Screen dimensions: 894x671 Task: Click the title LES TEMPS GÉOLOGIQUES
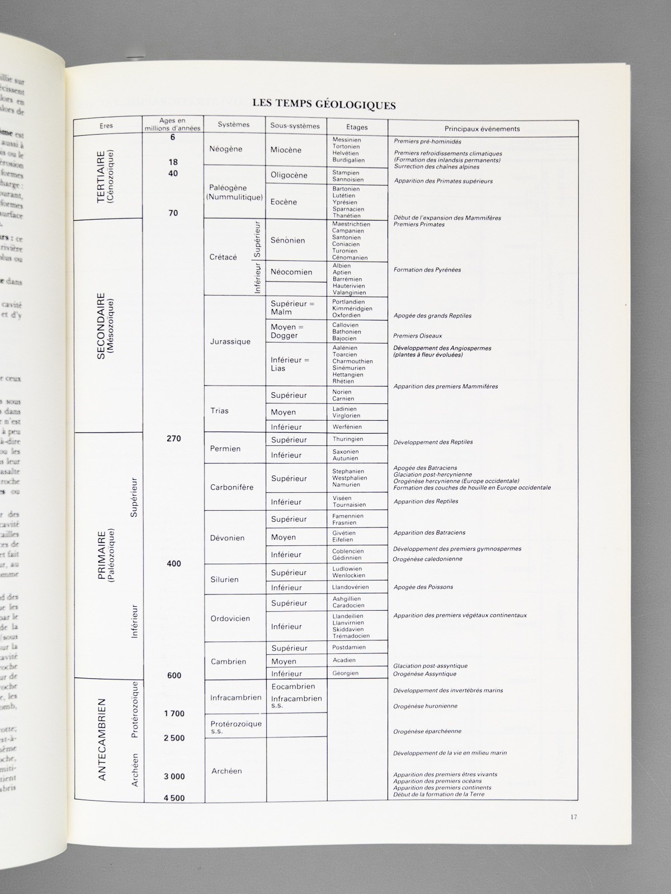click(x=324, y=104)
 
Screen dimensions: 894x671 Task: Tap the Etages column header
click(x=357, y=127)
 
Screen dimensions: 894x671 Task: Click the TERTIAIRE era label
click(x=105, y=177)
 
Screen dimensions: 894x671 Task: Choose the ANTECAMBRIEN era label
click(x=102, y=739)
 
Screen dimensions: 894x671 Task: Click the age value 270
click(x=174, y=439)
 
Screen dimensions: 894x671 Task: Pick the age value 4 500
click(x=174, y=798)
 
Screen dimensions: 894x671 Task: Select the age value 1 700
click(x=174, y=714)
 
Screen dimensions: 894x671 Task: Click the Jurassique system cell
click(x=230, y=341)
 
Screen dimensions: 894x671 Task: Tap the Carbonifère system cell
click(x=231, y=487)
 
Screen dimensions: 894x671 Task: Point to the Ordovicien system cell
click(x=230, y=619)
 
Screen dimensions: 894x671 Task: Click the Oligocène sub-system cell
click(x=289, y=175)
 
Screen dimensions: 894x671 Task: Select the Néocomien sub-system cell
click(x=291, y=272)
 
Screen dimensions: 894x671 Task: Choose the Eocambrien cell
click(x=293, y=686)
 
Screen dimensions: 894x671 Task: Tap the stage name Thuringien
click(x=348, y=439)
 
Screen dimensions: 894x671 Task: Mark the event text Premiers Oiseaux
click(x=418, y=336)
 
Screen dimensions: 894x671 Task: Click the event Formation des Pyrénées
click(x=427, y=270)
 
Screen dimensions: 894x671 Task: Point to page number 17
click(x=574, y=817)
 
